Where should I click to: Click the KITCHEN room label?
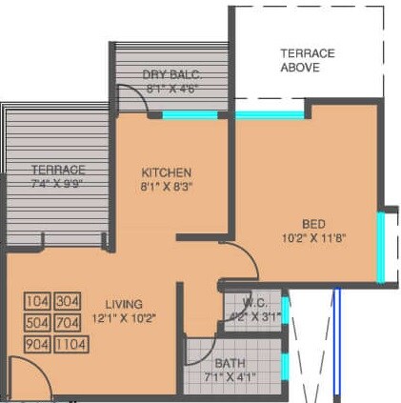[x=167, y=171]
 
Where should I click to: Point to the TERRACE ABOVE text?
[x=307, y=60]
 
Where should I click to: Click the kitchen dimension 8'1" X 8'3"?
[x=167, y=188]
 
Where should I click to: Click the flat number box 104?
[x=37, y=302]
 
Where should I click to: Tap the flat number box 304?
[x=67, y=302]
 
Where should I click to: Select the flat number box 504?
[x=37, y=323]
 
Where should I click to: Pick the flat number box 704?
[x=67, y=323]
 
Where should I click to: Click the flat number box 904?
[x=37, y=344]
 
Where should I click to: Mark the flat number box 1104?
[x=70, y=344]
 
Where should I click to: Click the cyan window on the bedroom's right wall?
[x=381, y=248]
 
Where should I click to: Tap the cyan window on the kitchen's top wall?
[x=190, y=115]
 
